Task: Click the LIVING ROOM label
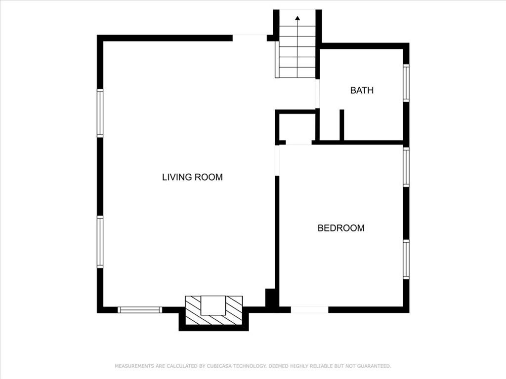192,177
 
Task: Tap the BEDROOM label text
340,228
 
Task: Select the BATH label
362,90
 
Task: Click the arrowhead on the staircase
297,19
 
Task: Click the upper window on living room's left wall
100,113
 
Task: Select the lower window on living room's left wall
100,242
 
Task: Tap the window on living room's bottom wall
140,310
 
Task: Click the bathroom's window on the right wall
406,83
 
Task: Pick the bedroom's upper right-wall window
406,167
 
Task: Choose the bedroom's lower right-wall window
406,259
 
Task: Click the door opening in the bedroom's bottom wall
309,309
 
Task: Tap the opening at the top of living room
250,38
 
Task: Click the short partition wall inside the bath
341,124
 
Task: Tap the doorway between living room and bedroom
277,160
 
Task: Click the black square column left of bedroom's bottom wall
271,298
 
